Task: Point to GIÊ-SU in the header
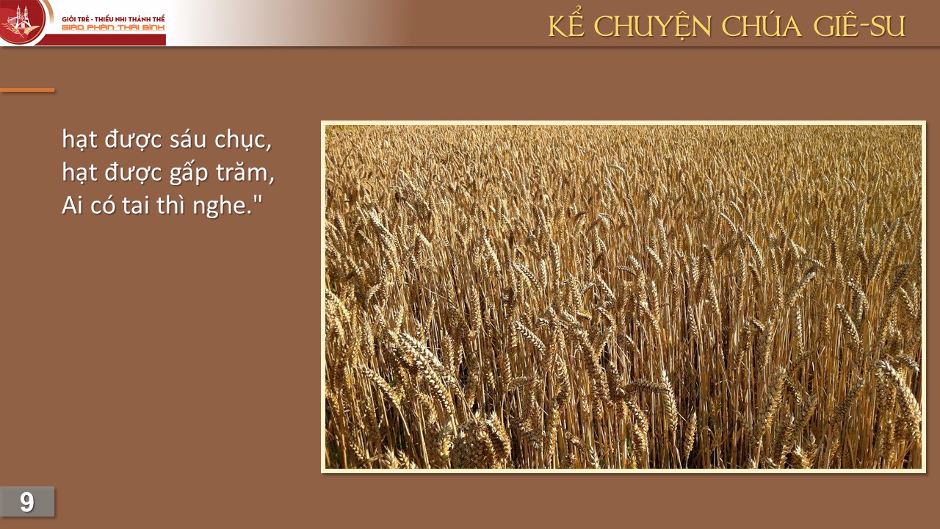(859, 25)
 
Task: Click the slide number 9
(27, 502)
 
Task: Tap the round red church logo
(22, 21)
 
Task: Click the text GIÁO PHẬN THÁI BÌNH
(113, 28)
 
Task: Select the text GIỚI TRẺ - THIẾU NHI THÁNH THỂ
(113, 19)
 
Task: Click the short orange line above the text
(27, 90)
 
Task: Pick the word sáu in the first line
(188, 140)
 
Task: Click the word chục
(241, 140)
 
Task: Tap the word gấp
(188, 173)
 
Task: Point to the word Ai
(72, 205)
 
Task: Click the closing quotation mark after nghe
(257, 199)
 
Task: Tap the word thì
(171, 205)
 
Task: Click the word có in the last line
(103, 206)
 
